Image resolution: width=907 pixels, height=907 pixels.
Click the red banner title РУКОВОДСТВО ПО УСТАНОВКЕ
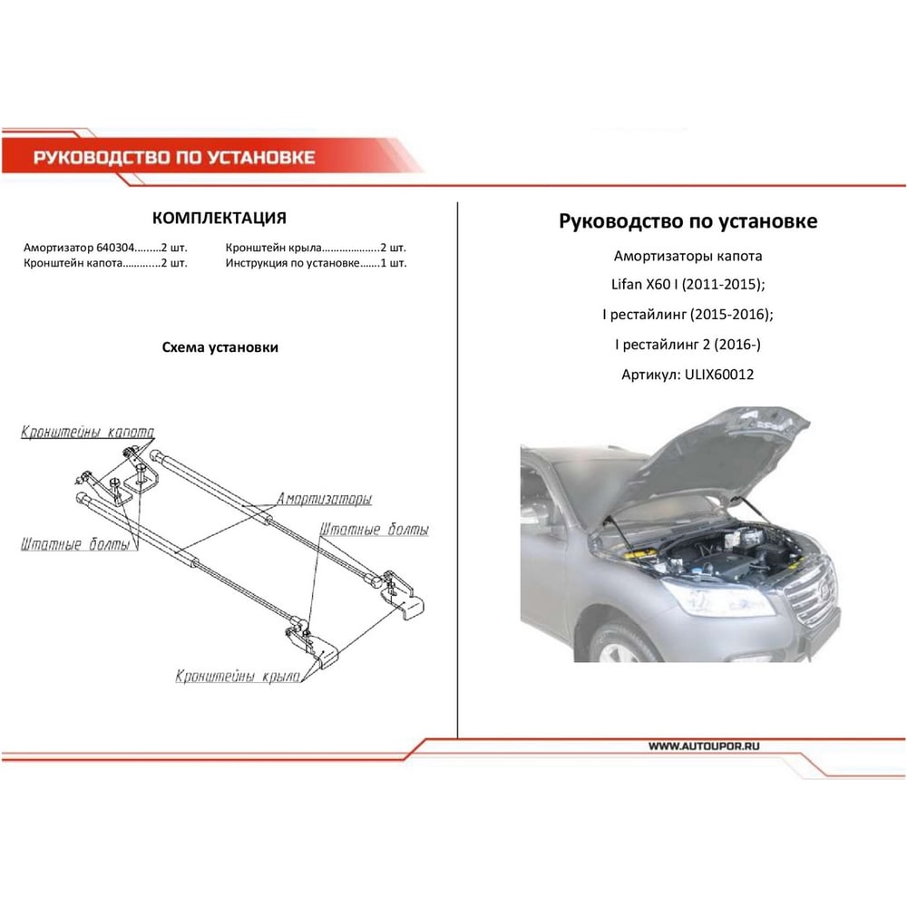pos(174,157)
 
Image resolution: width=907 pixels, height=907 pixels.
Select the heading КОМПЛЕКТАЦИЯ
pos(219,218)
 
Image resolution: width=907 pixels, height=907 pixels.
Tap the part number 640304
pos(115,248)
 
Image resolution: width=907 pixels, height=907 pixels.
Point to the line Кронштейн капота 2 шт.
pos(105,263)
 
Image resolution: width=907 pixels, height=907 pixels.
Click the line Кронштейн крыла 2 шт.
pos(316,248)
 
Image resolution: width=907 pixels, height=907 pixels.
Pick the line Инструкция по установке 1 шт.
pos(316,263)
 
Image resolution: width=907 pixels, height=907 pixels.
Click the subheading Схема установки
pos(219,347)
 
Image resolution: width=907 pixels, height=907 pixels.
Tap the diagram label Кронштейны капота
pos(87,432)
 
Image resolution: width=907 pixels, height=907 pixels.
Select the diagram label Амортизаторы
pos(324,499)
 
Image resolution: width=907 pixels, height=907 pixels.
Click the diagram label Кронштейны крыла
pos(238,677)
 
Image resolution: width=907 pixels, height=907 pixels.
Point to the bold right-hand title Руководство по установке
pos(688,221)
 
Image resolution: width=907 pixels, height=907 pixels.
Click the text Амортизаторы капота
pos(688,256)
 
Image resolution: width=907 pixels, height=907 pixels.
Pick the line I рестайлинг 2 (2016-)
pos(688,345)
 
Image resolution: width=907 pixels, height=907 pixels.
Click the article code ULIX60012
pos(719,375)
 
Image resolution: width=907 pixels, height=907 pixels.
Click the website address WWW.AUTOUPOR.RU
pos(704,746)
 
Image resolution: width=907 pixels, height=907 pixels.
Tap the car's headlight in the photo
pos(717,598)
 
